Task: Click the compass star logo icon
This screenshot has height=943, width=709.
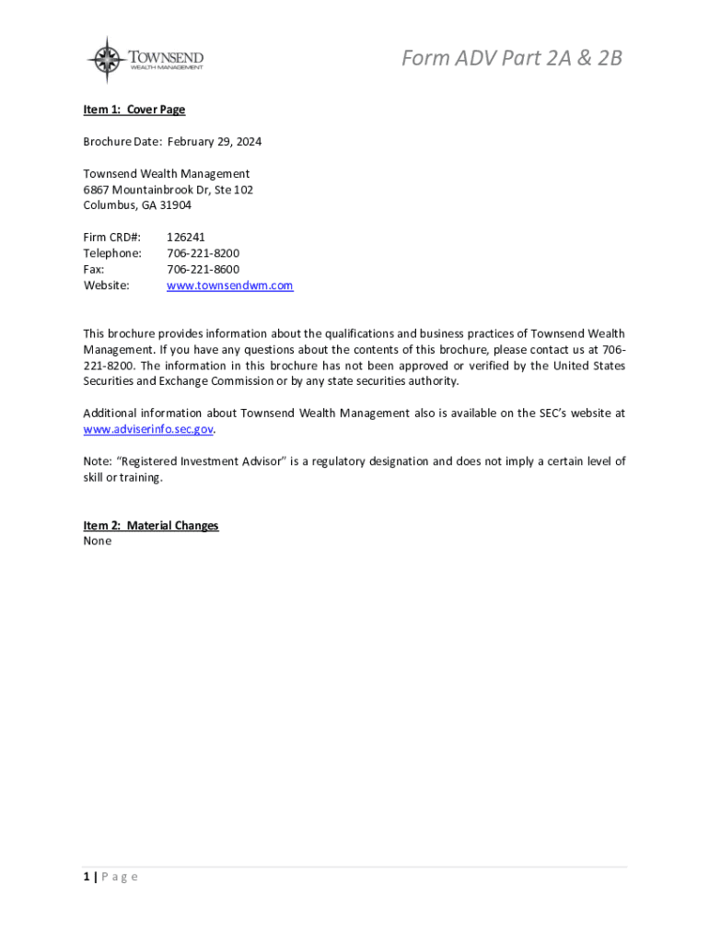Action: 108,60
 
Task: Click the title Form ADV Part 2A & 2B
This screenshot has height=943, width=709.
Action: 511,58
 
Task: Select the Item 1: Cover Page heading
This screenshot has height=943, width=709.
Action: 134,110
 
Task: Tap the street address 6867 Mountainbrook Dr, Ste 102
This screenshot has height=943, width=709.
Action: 169,190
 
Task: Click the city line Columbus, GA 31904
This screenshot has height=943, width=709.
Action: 137,205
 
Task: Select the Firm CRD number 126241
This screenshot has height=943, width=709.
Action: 186,238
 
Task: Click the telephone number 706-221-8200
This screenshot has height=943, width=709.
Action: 203,253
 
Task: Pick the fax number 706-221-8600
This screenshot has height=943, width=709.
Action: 203,269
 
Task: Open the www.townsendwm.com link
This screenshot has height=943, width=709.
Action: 229,285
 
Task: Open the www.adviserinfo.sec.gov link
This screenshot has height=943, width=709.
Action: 148,429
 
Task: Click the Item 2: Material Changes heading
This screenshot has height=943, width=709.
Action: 151,526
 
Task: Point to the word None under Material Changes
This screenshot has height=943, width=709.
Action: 98,541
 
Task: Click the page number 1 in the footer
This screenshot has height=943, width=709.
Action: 87,877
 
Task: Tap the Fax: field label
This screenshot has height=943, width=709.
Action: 94,269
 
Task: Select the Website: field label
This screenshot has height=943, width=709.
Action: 107,285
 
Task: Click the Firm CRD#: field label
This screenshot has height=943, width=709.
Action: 112,238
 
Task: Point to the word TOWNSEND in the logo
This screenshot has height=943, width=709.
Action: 166,57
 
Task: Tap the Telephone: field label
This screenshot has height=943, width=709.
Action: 112,253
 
